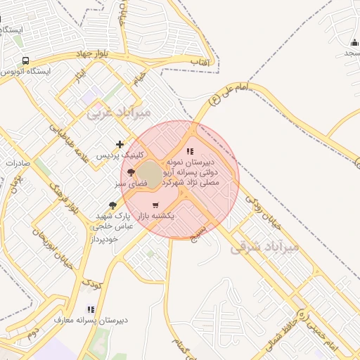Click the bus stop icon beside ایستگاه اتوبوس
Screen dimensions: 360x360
[x=26, y=61]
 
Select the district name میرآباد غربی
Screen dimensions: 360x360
[x=119, y=112]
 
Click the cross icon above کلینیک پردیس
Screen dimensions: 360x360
[x=120, y=143]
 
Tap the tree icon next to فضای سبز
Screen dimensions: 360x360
[x=130, y=172]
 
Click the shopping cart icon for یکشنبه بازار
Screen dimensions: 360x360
[x=155, y=205]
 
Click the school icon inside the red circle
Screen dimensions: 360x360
[x=189, y=151]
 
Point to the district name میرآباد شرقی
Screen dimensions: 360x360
[x=265, y=246]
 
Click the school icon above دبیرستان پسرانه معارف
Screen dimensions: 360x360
[x=90, y=309]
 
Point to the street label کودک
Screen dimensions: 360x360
[x=91, y=284]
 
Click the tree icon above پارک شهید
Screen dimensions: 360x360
[x=113, y=205]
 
